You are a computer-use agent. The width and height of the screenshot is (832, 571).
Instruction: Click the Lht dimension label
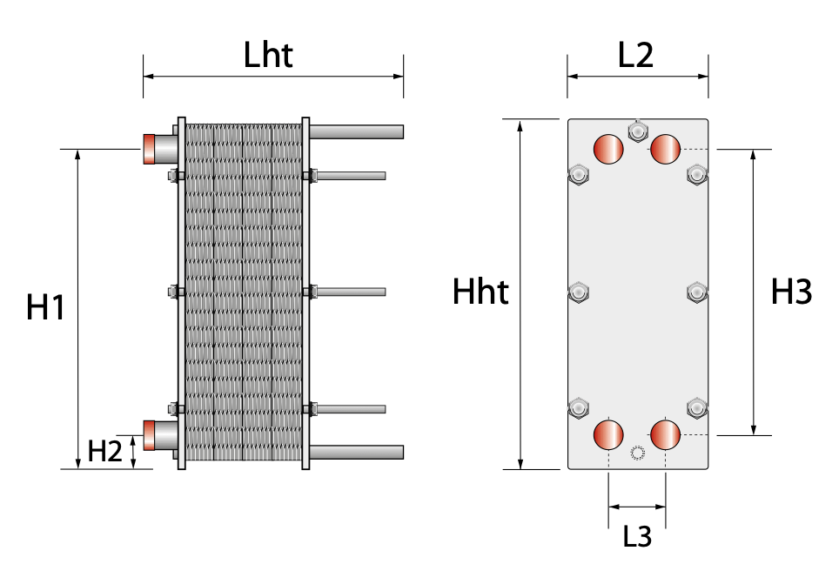coord(268,55)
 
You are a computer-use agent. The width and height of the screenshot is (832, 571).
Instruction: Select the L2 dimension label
coord(635,55)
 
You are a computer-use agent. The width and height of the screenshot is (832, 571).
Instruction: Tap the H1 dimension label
coord(45,307)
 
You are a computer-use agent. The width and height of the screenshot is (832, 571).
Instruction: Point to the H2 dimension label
coord(104,451)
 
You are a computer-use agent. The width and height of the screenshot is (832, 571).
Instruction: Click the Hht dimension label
coord(480,292)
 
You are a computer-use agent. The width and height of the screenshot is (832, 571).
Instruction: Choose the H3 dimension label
coord(791,292)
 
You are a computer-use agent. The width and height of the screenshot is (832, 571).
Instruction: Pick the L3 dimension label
coord(637,536)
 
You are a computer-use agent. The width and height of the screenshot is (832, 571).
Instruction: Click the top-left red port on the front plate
coord(608,149)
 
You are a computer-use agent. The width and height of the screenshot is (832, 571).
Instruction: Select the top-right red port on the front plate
coord(666,149)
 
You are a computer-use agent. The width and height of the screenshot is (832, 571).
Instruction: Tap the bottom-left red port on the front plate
coord(608,434)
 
